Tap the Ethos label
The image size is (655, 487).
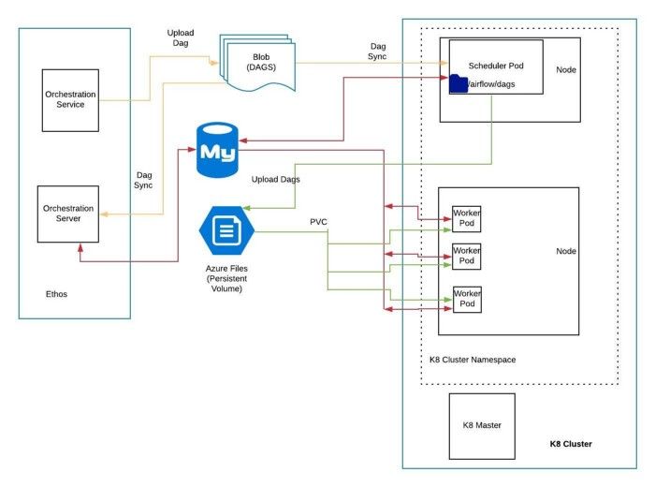coord(56,294)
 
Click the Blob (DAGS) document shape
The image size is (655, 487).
coord(257,63)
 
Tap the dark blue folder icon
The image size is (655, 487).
coord(458,83)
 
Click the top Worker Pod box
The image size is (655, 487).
coord(466,219)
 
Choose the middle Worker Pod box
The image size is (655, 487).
coord(466,256)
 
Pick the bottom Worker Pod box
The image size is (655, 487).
coord(466,299)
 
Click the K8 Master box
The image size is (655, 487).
coord(482,425)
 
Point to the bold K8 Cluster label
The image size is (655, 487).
coord(571,444)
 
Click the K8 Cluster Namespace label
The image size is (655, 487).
coord(466,360)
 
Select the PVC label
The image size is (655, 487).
coord(318,223)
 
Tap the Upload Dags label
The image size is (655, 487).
coord(276,179)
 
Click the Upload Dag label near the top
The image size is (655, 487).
coord(181,38)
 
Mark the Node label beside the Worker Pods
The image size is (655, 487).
coord(566,251)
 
